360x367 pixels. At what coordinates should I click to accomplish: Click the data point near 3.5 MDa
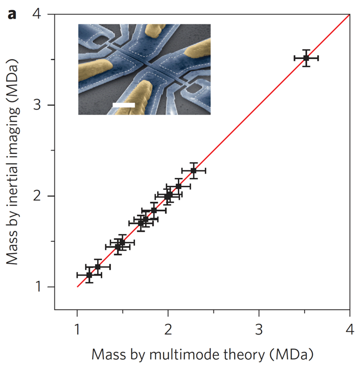coord(306,58)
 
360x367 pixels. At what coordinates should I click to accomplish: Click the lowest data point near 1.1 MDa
coord(89,275)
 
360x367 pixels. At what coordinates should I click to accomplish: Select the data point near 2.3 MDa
coord(194,171)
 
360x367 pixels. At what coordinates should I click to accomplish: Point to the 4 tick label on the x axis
coord(350,330)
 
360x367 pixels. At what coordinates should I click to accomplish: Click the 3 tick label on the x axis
coord(259,330)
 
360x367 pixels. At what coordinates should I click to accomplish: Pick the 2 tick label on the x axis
coord(168,330)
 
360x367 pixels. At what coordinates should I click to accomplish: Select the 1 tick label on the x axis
coord(77,330)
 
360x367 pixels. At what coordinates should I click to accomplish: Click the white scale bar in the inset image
coord(124,105)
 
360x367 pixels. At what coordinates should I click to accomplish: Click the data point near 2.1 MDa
coord(178,186)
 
